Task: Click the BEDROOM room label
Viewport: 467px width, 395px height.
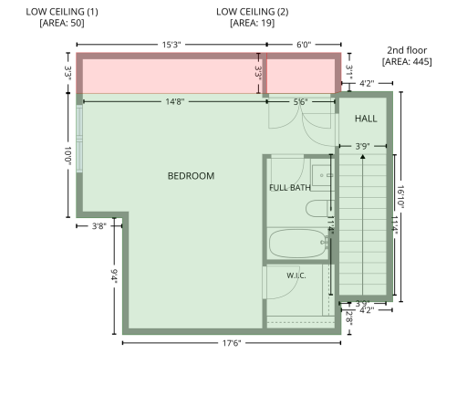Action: coord(191,176)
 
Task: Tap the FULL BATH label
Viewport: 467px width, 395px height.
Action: coord(290,188)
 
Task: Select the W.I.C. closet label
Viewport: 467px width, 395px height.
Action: coord(296,275)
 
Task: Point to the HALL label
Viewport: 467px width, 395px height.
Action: coord(366,119)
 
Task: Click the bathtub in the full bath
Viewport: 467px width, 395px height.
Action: coord(297,244)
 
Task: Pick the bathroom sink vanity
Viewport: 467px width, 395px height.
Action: coord(323,175)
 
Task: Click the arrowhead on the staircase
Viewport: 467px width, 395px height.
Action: coord(362,157)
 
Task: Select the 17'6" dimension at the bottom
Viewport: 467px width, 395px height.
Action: coord(232,343)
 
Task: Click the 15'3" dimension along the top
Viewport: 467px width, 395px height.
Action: coord(171,45)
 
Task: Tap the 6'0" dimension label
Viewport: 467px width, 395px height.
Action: coord(304,45)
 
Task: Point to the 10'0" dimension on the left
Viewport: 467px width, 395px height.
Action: coord(67,156)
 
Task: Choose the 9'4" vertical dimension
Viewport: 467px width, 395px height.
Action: coord(114,275)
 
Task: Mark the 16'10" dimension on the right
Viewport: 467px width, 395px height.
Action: coord(400,196)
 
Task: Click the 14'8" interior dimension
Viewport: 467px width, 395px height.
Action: coord(175,101)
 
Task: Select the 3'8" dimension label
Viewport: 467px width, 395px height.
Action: coord(99,226)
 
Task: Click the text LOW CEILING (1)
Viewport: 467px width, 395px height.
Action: coord(62,12)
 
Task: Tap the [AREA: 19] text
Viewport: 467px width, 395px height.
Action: coord(253,23)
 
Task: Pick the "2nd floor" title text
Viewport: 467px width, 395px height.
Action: coord(407,50)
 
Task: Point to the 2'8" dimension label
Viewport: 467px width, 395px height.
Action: coord(349,318)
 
